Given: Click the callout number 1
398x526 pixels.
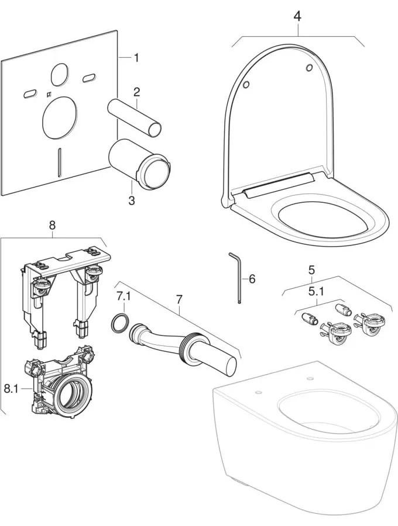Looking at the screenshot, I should coord(136,57).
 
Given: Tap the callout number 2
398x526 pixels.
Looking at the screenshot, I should coord(136,92).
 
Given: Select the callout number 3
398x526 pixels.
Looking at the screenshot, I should coord(131,200).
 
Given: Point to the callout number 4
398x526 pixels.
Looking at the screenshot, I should coord(297,16).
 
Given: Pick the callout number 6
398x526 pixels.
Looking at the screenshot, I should coord(252,279).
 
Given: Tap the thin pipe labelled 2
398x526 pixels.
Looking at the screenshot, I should coord(134,116).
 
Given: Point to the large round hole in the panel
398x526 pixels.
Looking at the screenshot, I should coord(58,116).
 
